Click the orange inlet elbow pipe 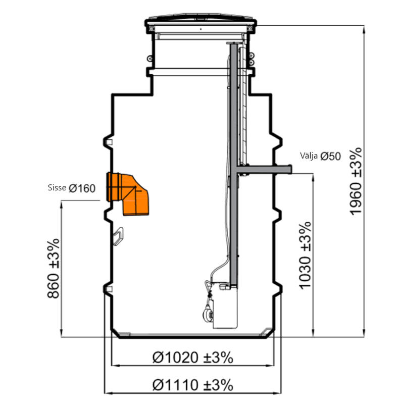[x=128, y=193]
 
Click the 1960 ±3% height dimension [x=356, y=181]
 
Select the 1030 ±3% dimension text [x=306, y=255]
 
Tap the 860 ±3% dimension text [x=54, y=269]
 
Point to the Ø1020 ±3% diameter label [x=193, y=358]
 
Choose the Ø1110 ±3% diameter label [x=193, y=385]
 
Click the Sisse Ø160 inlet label [x=72, y=188]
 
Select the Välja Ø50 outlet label [x=320, y=156]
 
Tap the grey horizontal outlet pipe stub [x=264, y=169]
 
